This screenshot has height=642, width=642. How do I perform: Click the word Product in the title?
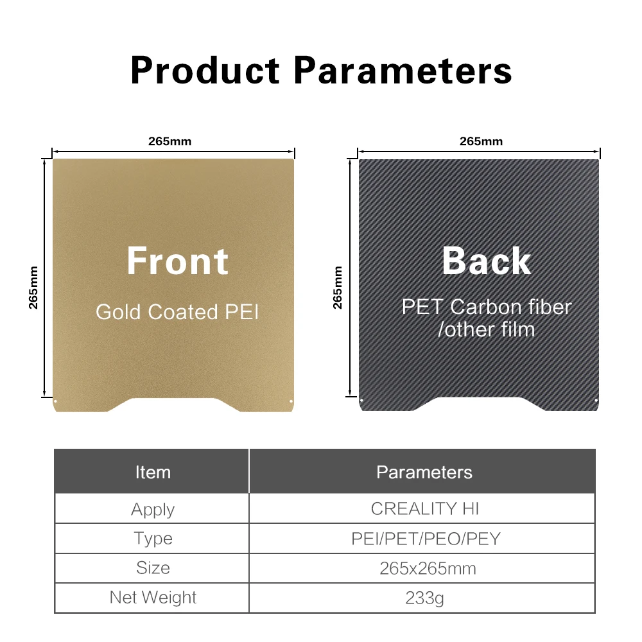pyautogui.click(x=205, y=71)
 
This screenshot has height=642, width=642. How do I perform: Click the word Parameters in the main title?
pyautogui.click(x=403, y=71)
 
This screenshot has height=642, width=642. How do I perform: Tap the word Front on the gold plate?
pyautogui.click(x=177, y=261)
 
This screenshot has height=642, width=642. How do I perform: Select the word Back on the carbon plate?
pyautogui.click(x=487, y=261)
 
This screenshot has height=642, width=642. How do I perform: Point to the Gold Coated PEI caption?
pyautogui.click(x=177, y=312)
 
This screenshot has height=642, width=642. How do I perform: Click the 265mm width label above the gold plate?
pyautogui.click(x=169, y=141)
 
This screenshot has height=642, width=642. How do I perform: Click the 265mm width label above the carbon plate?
pyautogui.click(x=481, y=141)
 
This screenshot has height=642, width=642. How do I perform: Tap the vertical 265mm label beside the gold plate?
pyautogui.click(x=33, y=288)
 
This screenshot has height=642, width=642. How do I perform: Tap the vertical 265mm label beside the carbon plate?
pyautogui.click(x=338, y=288)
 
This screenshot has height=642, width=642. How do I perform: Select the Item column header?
pyautogui.click(x=153, y=473)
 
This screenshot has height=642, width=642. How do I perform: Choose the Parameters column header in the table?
pyautogui.click(x=424, y=473)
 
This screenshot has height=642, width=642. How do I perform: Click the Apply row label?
pyautogui.click(x=153, y=510)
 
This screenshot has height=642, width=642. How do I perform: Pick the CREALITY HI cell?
pyautogui.click(x=424, y=508)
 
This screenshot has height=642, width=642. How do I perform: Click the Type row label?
pyautogui.click(x=153, y=539)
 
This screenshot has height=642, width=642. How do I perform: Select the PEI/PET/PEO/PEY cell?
pyautogui.click(x=426, y=539)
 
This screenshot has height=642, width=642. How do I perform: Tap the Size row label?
pyautogui.click(x=153, y=568)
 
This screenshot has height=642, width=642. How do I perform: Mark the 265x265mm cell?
pyautogui.click(x=428, y=568)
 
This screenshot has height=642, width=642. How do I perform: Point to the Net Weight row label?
pyautogui.click(x=153, y=597)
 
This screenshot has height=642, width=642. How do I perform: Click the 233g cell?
pyautogui.click(x=424, y=598)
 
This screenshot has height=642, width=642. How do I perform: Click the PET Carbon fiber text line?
pyautogui.click(x=487, y=307)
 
